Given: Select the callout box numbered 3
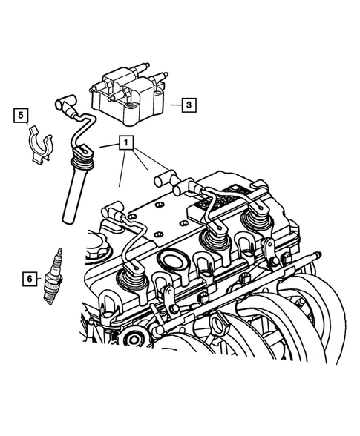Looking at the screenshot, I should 189,105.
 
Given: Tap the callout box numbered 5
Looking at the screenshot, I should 21,115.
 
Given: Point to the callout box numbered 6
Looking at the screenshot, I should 30,279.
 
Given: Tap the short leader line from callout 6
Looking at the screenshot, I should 42,279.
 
